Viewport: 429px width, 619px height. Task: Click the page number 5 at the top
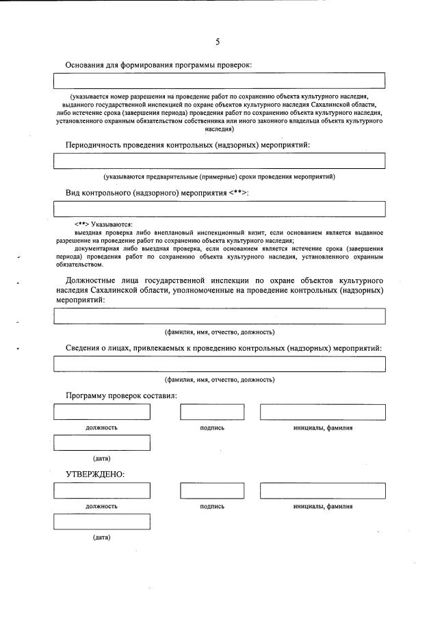point(218,42)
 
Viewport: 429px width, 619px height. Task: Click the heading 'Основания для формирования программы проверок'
point(158,65)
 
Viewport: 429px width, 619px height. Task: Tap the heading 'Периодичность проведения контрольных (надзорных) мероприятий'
point(192,145)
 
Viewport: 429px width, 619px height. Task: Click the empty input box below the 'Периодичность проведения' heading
point(219,161)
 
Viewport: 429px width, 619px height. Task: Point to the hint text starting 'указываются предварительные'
point(219,176)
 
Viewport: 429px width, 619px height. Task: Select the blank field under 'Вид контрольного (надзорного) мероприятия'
point(219,209)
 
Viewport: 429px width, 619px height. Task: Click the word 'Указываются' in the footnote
point(112,224)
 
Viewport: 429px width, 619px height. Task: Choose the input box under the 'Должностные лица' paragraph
point(219,316)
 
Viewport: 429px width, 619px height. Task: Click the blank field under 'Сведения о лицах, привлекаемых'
point(219,364)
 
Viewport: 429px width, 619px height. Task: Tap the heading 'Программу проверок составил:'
point(121,396)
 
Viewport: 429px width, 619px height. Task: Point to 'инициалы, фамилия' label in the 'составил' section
point(322,428)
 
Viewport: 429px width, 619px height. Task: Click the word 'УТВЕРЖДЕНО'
point(94,474)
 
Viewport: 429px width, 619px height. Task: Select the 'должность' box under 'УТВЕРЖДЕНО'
point(101,491)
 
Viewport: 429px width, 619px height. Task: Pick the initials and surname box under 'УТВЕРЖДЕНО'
point(322,491)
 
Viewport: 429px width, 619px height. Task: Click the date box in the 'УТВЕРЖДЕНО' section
point(101,522)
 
